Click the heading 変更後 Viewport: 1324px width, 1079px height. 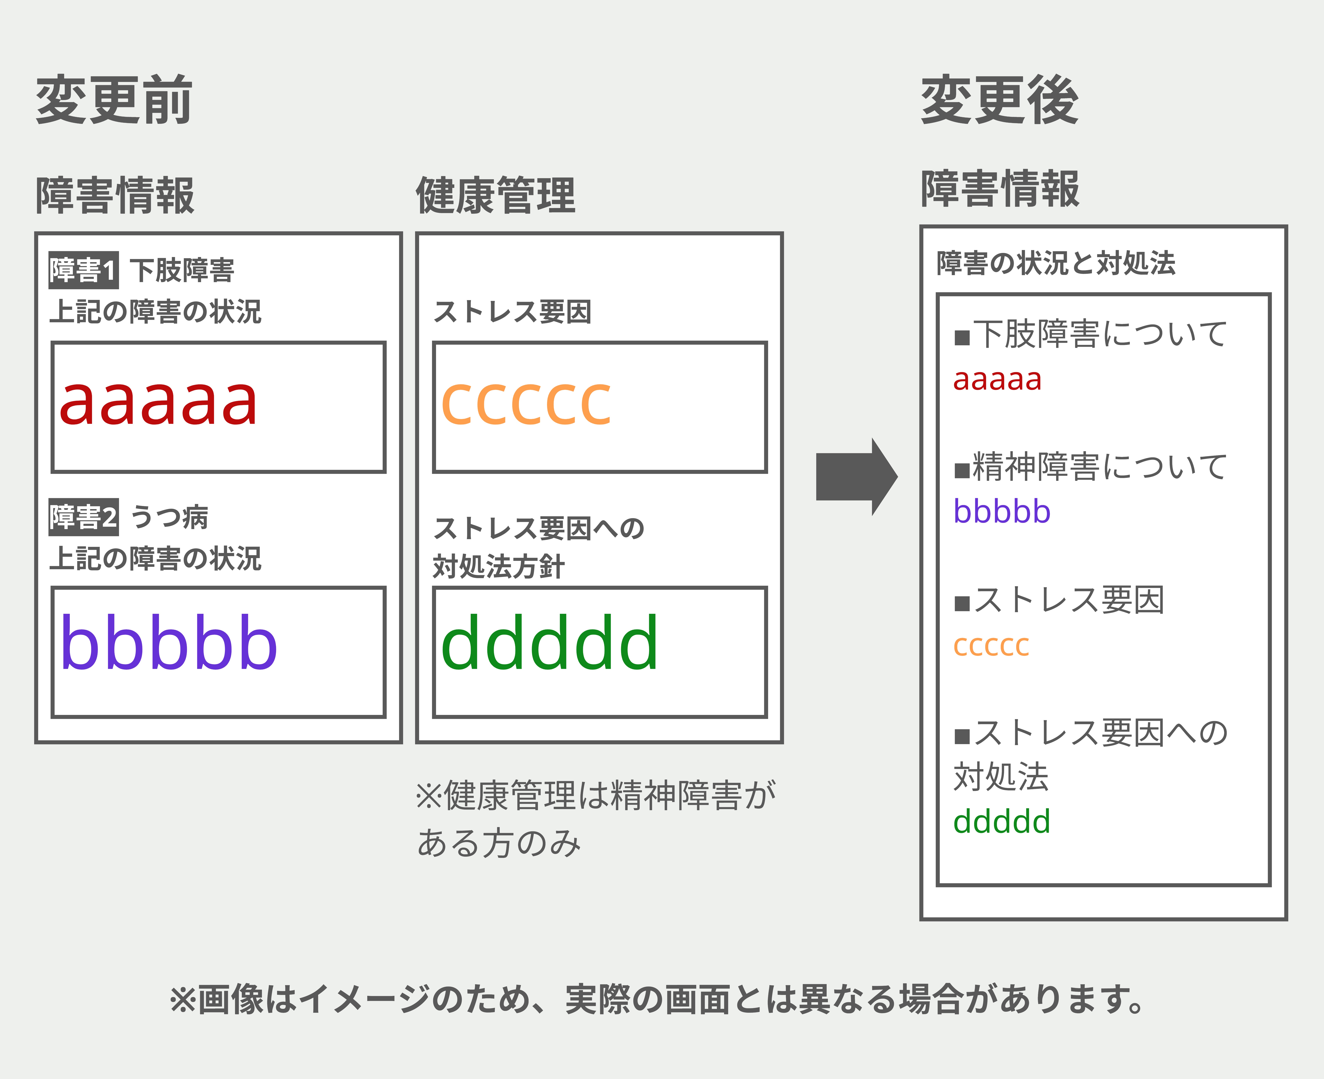coord(1000,99)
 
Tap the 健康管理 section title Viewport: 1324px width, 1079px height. coord(496,195)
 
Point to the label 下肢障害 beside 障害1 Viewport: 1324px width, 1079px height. coord(182,270)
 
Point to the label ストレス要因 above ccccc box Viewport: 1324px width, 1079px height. coord(512,311)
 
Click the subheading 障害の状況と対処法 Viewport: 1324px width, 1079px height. coord(1056,263)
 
